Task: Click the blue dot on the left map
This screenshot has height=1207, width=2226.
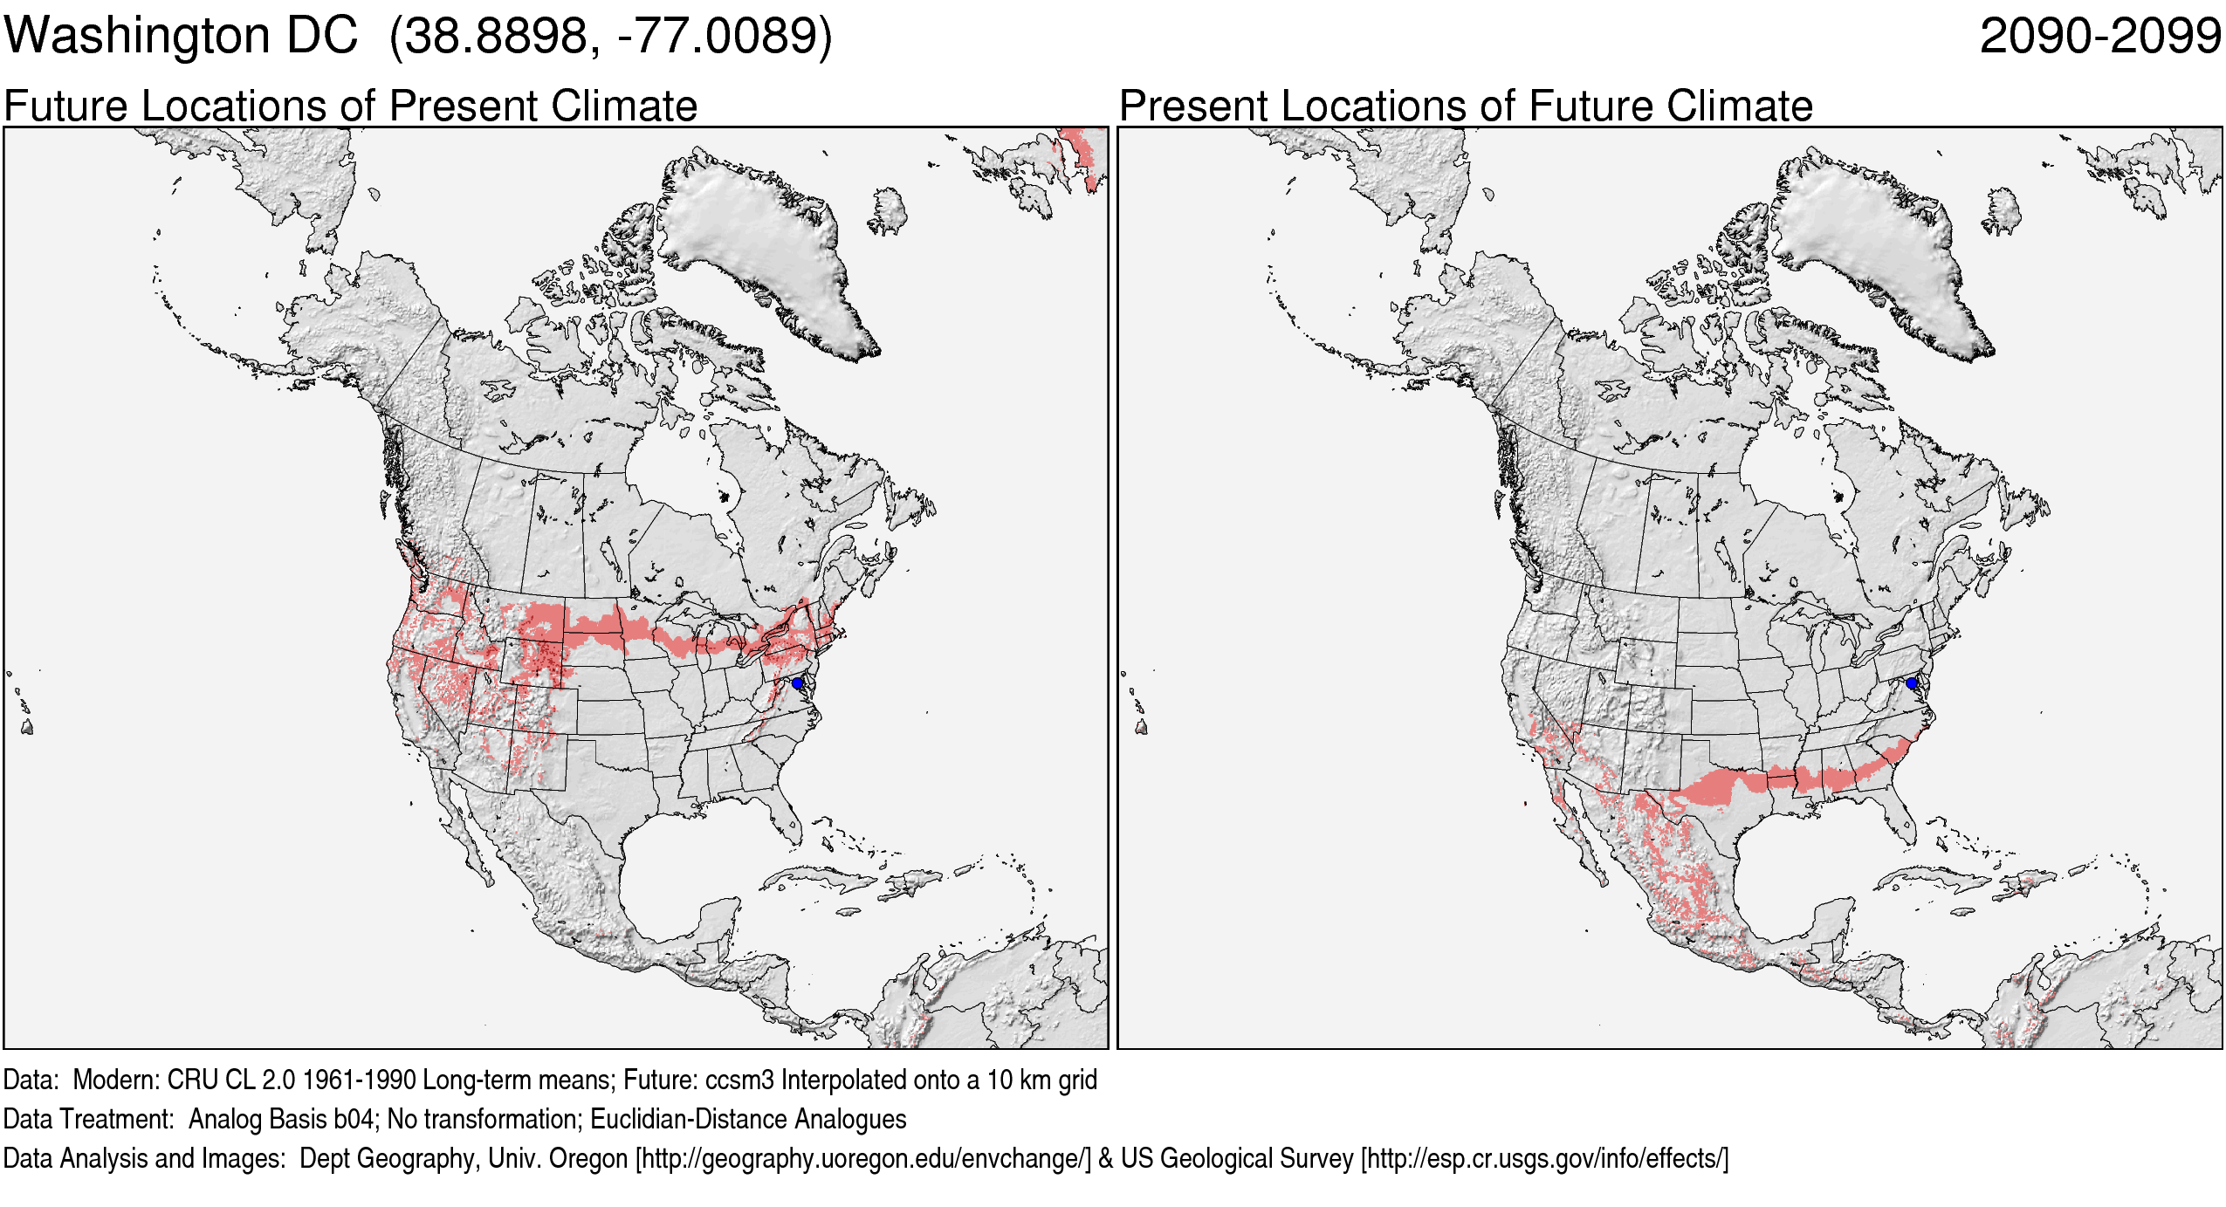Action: (x=797, y=682)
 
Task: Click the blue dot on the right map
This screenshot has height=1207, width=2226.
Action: (x=1911, y=682)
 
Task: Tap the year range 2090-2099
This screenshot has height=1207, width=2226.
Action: (x=2099, y=37)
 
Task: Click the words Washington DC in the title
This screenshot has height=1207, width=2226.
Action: (x=181, y=37)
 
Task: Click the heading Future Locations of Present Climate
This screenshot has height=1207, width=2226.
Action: (x=350, y=106)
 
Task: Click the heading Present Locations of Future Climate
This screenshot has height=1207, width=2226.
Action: (x=1466, y=106)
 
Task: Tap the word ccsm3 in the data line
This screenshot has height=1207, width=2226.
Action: (x=739, y=1080)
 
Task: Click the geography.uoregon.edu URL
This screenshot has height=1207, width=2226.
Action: (x=862, y=1159)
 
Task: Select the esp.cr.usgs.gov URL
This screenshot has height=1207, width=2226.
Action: (x=1544, y=1159)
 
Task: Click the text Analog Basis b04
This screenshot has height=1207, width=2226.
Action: (x=281, y=1120)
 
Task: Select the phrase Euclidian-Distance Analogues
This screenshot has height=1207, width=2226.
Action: (x=748, y=1120)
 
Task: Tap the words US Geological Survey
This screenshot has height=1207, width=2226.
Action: (x=1236, y=1159)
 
